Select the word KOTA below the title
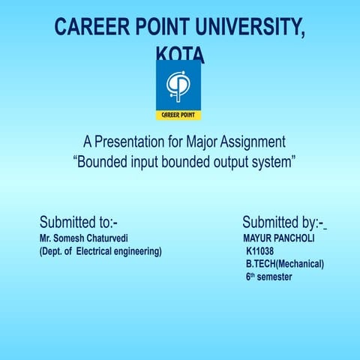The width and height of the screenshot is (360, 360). click(179, 55)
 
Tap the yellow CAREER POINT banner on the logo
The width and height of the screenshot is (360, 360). click(178, 115)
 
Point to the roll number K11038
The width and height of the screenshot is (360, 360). click(259, 251)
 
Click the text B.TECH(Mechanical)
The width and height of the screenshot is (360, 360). click(284, 264)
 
